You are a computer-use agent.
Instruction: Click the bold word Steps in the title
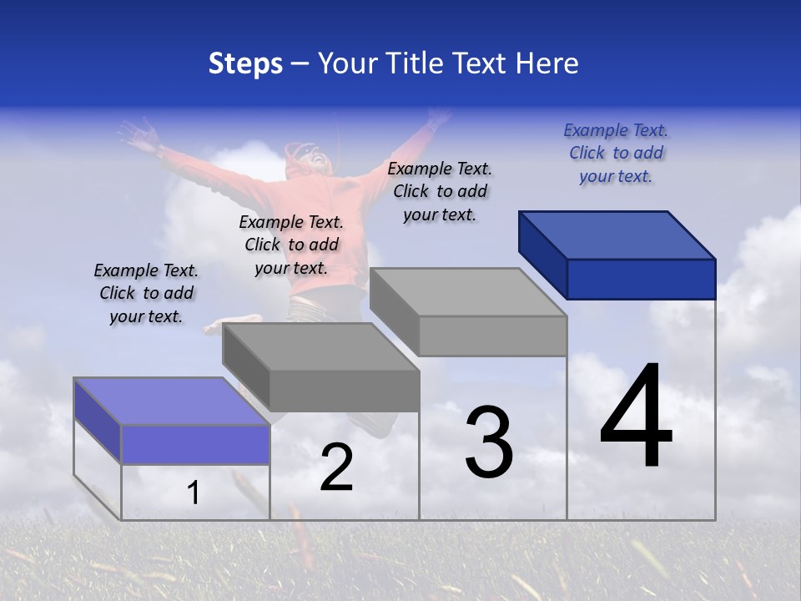tap(244, 63)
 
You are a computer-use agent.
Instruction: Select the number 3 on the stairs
tap(488, 442)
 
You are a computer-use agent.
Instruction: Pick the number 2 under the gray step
tap(336, 468)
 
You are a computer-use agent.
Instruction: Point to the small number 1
tap(193, 493)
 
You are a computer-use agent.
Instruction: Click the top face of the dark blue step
tap(616, 235)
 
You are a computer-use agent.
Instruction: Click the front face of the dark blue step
tap(641, 279)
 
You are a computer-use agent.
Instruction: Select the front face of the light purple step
tap(195, 444)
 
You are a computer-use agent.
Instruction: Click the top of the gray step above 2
tap(320, 347)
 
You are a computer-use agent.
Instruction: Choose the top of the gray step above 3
tap(467, 292)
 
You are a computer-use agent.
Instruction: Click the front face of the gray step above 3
tap(492, 336)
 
